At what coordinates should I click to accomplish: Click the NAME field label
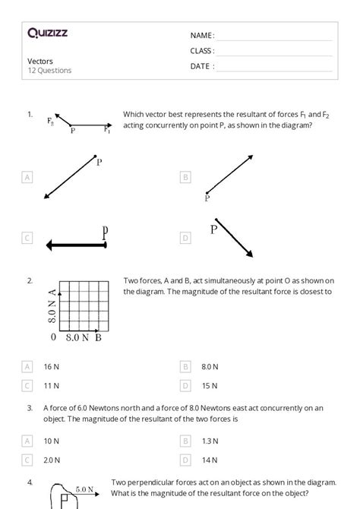(x=202, y=35)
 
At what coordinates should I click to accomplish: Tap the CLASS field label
(x=202, y=51)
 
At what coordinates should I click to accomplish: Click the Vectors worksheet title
(x=39, y=61)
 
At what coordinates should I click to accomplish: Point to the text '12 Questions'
(x=49, y=71)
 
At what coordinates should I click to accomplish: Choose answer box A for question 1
(x=28, y=177)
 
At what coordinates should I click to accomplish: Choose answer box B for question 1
(x=185, y=177)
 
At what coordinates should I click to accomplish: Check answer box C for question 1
(x=28, y=238)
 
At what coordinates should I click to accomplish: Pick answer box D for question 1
(x=185, y=238)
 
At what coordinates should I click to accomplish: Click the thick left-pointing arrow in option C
(x=76, y=245)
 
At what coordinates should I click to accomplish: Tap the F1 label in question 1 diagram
(x=107, y=129)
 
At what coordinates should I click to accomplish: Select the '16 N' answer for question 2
(x=52, y=366)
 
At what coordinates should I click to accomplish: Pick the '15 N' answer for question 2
(x=209, y=385)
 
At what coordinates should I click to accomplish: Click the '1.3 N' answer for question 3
(x=210, y=441)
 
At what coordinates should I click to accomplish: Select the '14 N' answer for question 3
(x=209, y=460)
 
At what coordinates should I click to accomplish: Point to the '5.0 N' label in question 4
(x=84, y=490)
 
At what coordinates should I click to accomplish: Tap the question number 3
(x=30, y=408)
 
